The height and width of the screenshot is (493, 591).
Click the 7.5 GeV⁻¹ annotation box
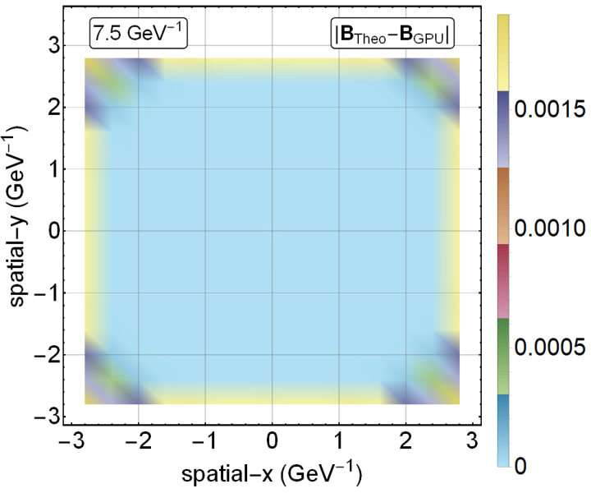[139, 34]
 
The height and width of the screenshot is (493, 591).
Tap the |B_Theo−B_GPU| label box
[392, 34]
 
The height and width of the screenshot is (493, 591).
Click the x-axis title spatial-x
[272, 473]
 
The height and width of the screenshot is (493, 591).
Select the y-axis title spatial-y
[18, 218]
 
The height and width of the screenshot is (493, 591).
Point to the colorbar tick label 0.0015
[550, 109]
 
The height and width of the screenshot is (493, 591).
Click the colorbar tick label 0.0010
[550, 228]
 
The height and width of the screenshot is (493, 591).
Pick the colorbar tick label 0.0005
[550, 347]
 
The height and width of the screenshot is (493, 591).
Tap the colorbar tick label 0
[520, 466]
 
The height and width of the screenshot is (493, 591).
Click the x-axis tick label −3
[71, 440]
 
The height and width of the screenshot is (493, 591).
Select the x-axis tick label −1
[205, 440]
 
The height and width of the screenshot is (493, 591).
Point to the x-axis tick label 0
[272, 440]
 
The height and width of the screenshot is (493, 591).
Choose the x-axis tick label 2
[405, 440]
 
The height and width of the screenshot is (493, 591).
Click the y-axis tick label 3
[54, 46]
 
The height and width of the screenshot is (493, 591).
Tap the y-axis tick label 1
[54, 169]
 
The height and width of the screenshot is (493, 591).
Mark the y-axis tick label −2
[47, 355]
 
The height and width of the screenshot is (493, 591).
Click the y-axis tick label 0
[54, 231]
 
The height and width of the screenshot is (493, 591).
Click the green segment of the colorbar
[503, 357]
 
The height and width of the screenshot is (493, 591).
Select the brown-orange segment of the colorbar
[503, 205]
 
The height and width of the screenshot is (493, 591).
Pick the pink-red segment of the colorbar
[503, 281]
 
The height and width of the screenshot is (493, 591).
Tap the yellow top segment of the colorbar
[503, 53]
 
